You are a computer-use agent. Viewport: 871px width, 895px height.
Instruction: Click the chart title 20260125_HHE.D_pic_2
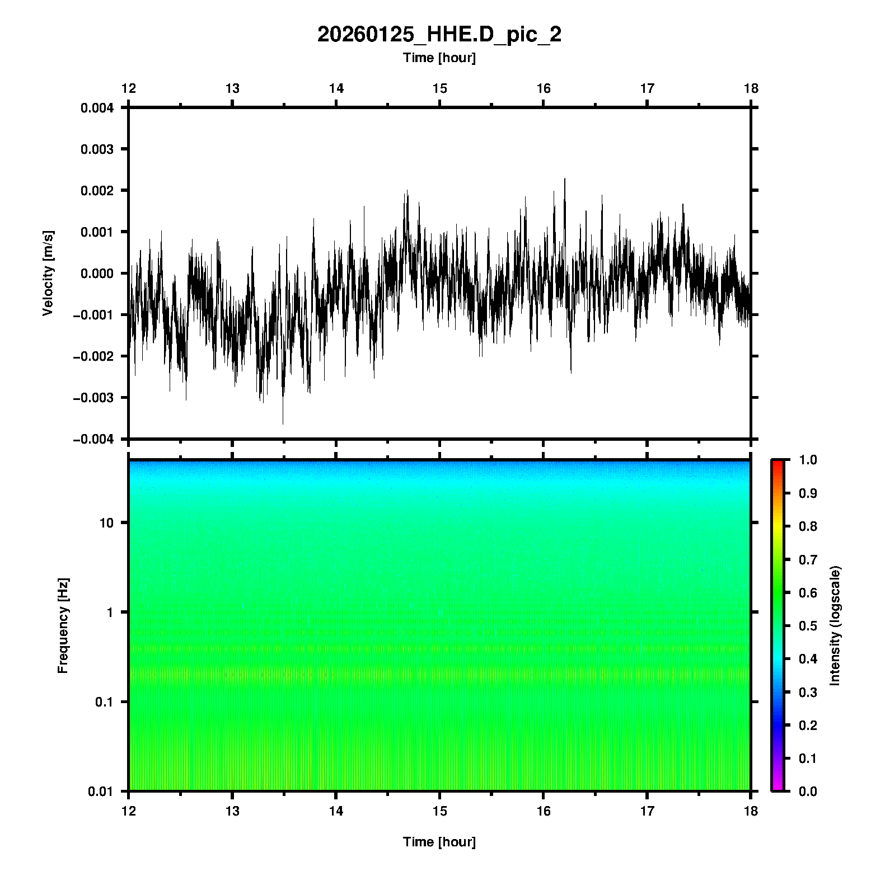[x=439, y=35]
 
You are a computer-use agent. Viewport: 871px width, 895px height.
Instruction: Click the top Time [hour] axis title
[x=439, y=58]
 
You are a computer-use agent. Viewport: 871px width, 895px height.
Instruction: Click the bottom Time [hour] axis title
[x=439, y=842]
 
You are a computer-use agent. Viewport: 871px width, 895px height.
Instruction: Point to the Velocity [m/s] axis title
[x=48, y=273]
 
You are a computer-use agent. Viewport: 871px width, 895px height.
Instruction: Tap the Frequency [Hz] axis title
[x=63, y=626]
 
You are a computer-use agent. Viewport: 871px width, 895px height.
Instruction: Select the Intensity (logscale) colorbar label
[x=835, y=625]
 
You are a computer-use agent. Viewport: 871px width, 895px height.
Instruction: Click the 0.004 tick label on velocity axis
[x=97, y=108]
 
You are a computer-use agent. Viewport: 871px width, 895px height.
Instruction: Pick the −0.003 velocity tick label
[x=94, y=398]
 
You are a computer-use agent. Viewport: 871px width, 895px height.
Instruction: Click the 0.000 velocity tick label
[x=97, y=274]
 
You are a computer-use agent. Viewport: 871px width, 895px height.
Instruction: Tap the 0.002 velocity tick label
[x=97, y=191]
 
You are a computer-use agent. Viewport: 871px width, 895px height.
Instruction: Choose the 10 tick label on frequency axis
[x=106, y=523]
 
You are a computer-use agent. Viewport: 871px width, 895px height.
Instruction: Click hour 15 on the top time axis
[x=439, y=88]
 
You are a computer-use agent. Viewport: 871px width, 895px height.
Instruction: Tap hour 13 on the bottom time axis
[x=232, y=811]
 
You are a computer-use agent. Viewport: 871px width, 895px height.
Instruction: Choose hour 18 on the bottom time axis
[x=751, y=811]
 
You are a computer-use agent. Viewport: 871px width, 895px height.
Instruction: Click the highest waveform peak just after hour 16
[x=565, y=179]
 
